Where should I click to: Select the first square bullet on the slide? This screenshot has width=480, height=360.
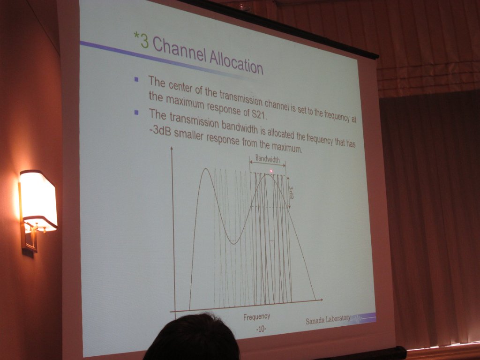click(x=136, y=80)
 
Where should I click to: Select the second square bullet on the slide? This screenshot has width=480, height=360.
click(x=136, y=112)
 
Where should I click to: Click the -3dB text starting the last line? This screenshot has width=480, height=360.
click(x=159, y=130)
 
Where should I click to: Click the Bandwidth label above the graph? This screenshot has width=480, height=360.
click(x=268, y=158)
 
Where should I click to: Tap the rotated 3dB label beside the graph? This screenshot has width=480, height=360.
click(x=291, y=192)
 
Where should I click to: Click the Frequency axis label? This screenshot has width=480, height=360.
click(x=256, y=317)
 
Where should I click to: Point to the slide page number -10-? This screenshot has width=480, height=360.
click(x=261, y=329)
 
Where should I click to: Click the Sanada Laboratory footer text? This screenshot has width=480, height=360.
click(x=328, y=320)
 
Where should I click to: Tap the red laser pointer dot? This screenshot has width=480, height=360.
click(x=271, y=171)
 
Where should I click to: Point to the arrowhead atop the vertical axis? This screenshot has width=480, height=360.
click(x=172, y=149)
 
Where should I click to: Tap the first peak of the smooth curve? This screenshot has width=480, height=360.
click(x=206, y=168)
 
